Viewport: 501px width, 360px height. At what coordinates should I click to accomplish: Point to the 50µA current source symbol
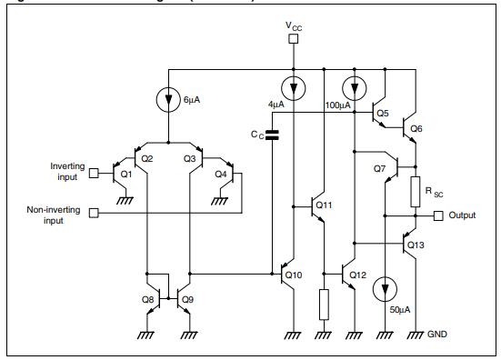click(x=388, y=290)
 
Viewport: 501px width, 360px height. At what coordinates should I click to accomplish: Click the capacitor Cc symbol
click(x=272, y=135)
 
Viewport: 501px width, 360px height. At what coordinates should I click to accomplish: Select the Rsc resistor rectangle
click(x=415, y=191)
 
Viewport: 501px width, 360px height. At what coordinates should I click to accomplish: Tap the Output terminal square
click(x=437, y=215)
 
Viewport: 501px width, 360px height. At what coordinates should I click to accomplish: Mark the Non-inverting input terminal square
click(x=94, y=215)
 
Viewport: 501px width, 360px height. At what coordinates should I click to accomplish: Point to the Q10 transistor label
click(x=292, y=275)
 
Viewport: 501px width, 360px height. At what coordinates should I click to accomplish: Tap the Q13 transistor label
click(x=416, y=245)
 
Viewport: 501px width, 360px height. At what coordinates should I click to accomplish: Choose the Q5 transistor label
click(x=381, y=114)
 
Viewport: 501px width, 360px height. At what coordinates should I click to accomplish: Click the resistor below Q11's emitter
click(x=323, y=304)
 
